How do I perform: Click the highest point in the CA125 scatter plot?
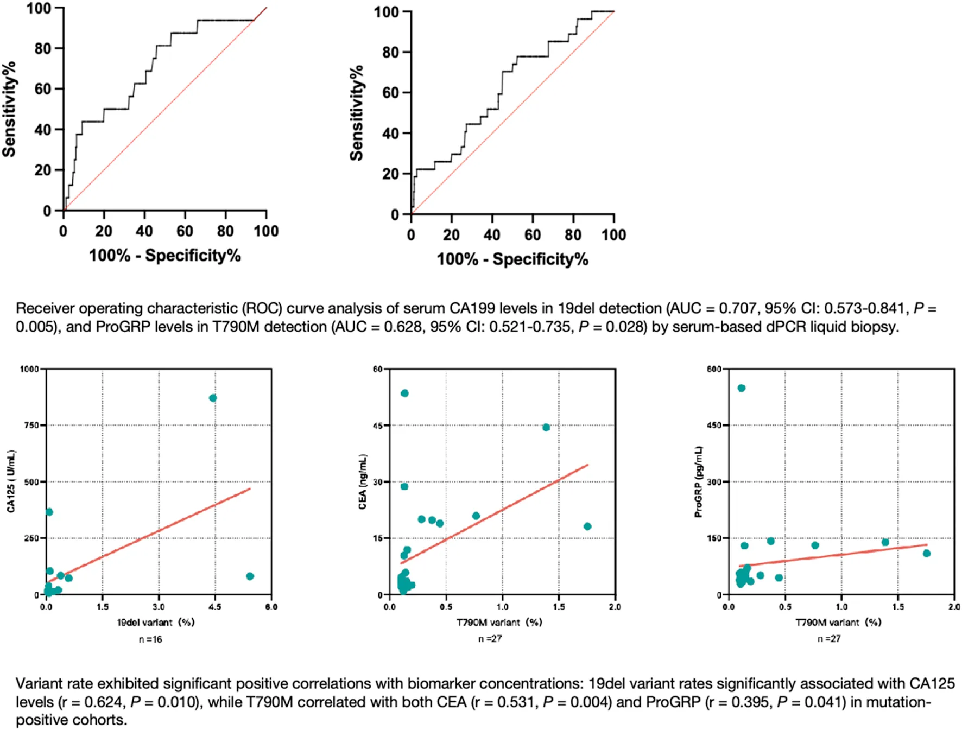click(x=213, y=398)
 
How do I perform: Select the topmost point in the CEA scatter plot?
click(x=404, y=393)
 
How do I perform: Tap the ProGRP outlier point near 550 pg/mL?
click(x=742, y=388)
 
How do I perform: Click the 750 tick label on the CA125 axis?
click(x=30, y=426)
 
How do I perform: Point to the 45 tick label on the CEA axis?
click(x=378, y=426)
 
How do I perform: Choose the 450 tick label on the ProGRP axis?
click(x=714, y=426)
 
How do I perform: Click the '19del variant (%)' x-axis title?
click(x=156, y=622)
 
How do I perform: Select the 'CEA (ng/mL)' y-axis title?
click(x=363, y=482)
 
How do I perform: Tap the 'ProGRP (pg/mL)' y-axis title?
click(x=699, y=482)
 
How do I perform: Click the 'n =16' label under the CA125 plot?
click(x=150, y=639)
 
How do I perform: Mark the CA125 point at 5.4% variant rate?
click(x=250, y=576)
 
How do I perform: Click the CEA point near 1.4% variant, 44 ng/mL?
click(x=546, y=427)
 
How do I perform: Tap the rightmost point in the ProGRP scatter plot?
click(x=927, y=553)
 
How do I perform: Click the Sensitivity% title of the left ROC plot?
click(x=9, y=109)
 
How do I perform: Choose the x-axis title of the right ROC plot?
click(x=512, y=259)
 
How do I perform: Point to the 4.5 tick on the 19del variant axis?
click(x=215, y=607)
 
